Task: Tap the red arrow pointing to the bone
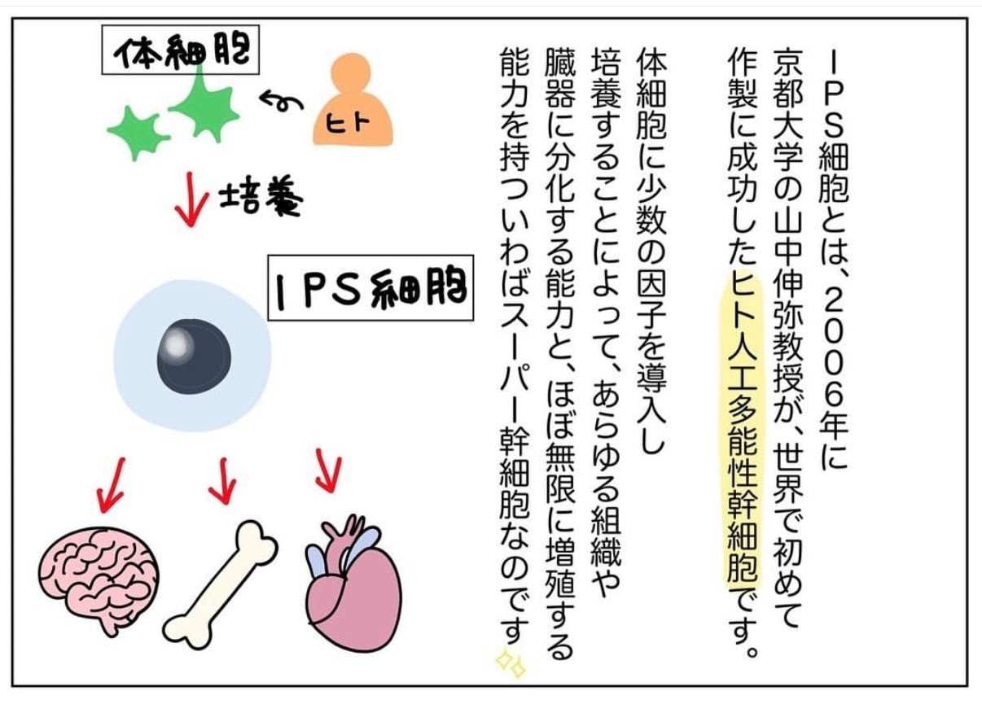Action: [222, 480]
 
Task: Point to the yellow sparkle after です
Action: [512, 663]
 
